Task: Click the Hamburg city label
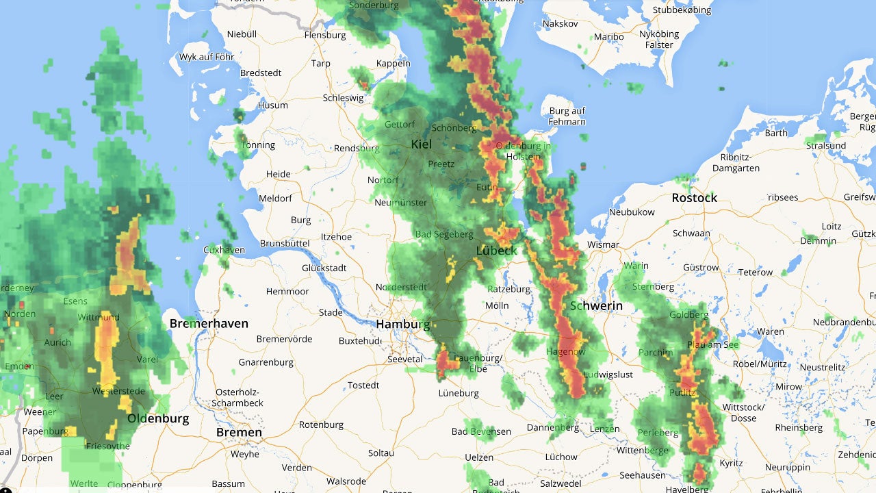click(402, 324)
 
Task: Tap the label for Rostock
click(694, 198)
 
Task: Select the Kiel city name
click(421, 144)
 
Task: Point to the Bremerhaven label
click(209, 323)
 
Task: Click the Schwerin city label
click(596, 306)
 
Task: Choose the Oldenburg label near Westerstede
click(158, 418)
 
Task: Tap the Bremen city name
click(239, 432)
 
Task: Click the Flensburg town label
click(325, 35)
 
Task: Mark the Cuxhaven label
click(224, 250)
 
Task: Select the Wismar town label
click(603, 244)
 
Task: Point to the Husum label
click(272, 105)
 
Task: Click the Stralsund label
click(826, 145)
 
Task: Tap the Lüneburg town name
click(459, 393)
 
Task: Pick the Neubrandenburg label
click(844, 322)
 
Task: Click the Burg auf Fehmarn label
click(567, 116)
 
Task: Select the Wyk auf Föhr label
click(206, 57)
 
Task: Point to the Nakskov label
click(560, 23)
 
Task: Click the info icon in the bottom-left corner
click(5, 489)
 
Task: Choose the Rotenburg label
click(321, 425)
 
